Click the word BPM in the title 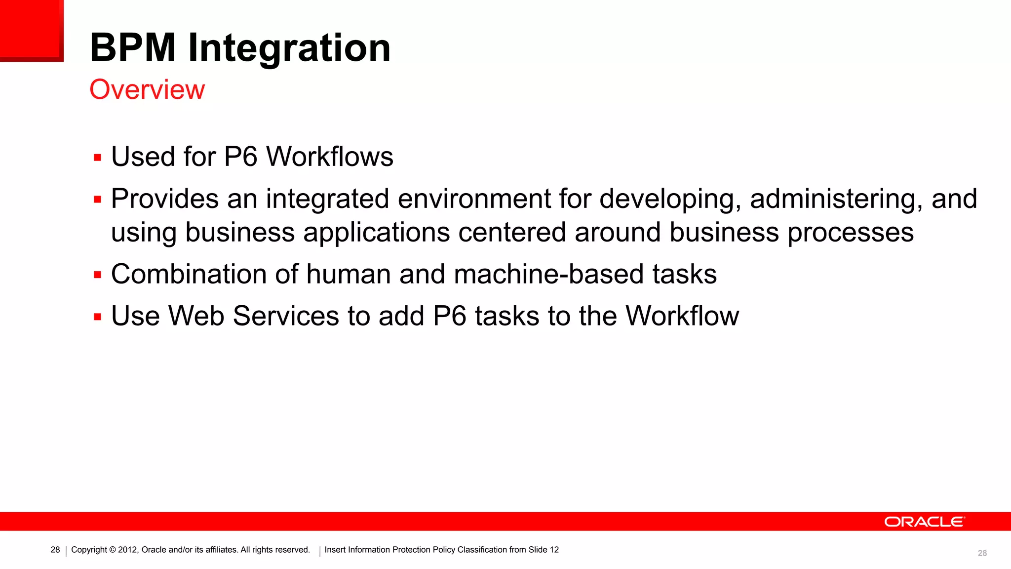[132, 48]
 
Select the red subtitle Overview [147, 89]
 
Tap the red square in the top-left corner [31, 30]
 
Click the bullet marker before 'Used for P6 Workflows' [97, 158]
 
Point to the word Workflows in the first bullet [330, 157]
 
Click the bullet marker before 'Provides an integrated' [97, 200]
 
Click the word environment [474, 199]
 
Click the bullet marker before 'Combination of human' [97, 275]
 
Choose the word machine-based [548, 274]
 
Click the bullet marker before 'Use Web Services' [97, 317]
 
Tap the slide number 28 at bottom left [55, 550]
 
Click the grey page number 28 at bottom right [982, 553]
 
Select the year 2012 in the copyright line [127, 550]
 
